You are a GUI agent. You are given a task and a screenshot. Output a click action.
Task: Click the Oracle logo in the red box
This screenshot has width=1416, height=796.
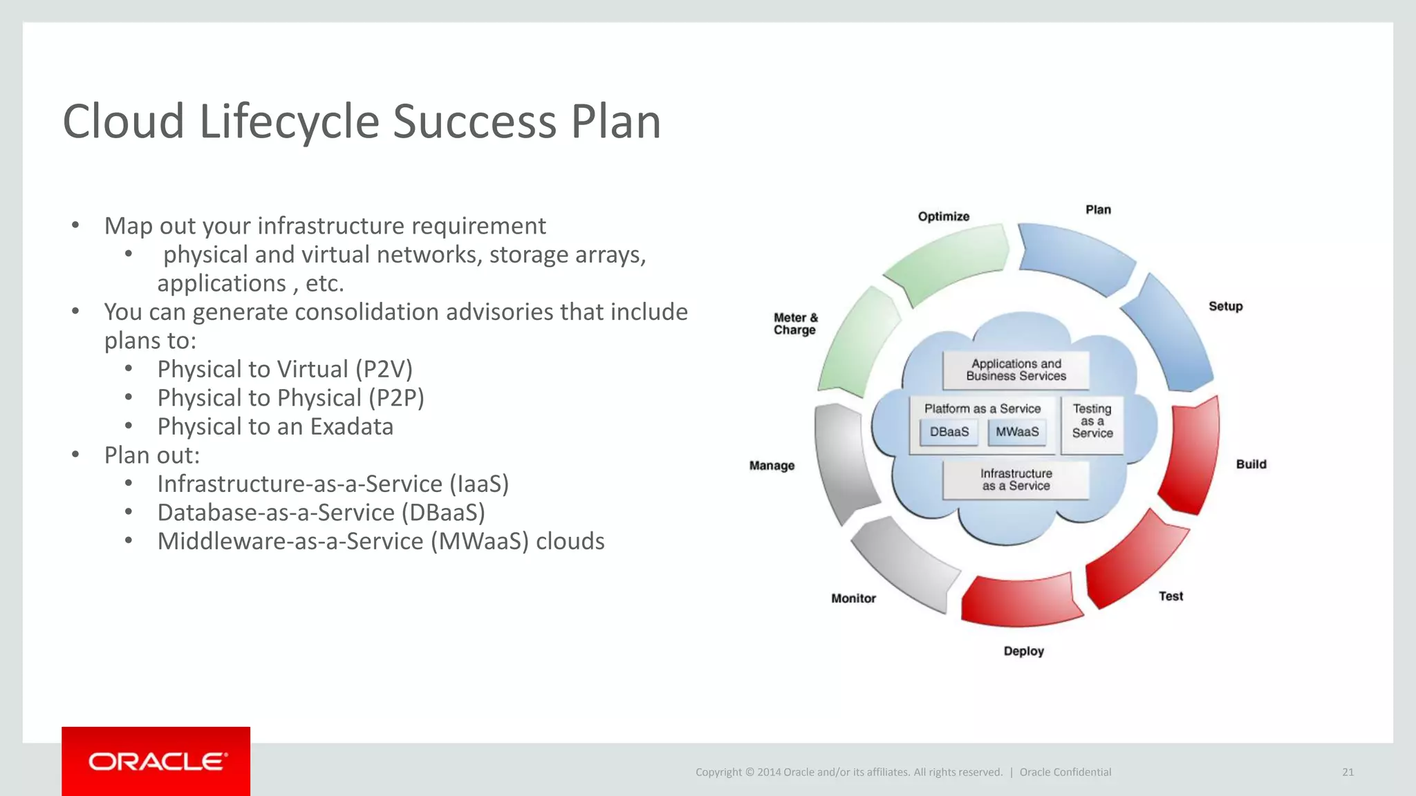pyautogui.click(x=157, y=761)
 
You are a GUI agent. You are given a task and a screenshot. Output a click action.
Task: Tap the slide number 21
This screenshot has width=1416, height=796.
pyautogui.click(x=1348, y=772)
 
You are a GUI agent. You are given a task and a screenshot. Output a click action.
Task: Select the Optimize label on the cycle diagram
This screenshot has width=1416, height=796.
pyautogui.click(x=943, y=216)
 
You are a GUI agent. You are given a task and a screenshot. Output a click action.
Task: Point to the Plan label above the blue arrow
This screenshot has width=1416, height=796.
pyautogui.click(x=1097, y=209)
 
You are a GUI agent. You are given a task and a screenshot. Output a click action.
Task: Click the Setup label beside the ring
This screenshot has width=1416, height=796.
pyautogui.click(x=1225, y=306)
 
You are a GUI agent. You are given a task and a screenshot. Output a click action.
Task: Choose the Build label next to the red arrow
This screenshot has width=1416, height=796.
pyautogui.click(x=1251, y=464)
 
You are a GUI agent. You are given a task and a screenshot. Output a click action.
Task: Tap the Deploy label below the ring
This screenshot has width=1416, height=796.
pyautogui.click(x=1023, y=651)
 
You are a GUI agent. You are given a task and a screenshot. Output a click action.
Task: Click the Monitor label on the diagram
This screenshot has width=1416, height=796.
pyautogui.click(x=853, y=598)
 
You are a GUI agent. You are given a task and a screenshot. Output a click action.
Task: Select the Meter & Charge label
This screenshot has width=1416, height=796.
pyautogui.click(x=795, y=323)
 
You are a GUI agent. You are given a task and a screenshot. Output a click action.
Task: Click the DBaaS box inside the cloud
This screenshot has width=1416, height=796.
pyautogui.click(x=949, y=432)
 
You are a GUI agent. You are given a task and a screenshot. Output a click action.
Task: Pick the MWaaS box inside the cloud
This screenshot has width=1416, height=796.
pyautogui.click(x=1016, y=432)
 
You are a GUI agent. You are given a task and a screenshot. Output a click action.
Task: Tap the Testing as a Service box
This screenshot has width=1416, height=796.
pyautogui.click(x=1092, y=421)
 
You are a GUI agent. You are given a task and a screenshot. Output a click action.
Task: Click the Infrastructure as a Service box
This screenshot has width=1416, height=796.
pyautogui.click(x=1016, y=480)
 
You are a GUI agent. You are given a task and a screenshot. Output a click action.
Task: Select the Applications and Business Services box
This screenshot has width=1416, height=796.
pyautogui.click(x=1016, y=370)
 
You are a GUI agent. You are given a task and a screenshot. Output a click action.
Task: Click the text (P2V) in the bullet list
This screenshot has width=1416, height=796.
pyautogui.click(x=384, y=369)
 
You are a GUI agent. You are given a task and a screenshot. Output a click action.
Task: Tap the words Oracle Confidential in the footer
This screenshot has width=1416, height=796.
pyautogui.click(x=1065, y=772)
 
